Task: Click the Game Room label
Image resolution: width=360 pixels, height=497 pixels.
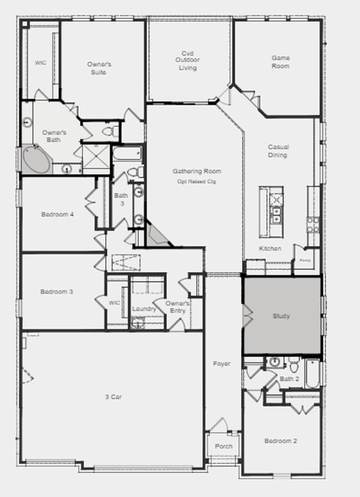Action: pos(280,62)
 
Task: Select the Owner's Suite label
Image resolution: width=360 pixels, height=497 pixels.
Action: pos(99,68)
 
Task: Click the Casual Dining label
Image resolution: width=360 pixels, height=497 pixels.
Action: pos(278,151)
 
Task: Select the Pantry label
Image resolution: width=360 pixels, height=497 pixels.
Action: pos(305,260)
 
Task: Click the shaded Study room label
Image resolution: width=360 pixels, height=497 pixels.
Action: pos(281,316)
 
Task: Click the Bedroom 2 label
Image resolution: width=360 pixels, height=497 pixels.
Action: pos(280,441)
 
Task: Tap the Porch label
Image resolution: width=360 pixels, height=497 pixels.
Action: pos(224,446)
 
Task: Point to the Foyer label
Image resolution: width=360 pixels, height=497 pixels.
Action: pos(222,364)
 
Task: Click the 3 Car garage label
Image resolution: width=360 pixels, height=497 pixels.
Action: pos(114,396)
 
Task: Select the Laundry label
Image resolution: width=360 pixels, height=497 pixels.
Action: pos(144,309)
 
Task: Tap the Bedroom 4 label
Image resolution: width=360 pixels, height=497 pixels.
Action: pos(57,214)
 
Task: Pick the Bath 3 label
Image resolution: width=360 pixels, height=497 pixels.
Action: pos(121,199)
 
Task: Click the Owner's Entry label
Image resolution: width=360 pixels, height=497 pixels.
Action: pos(178,307)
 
